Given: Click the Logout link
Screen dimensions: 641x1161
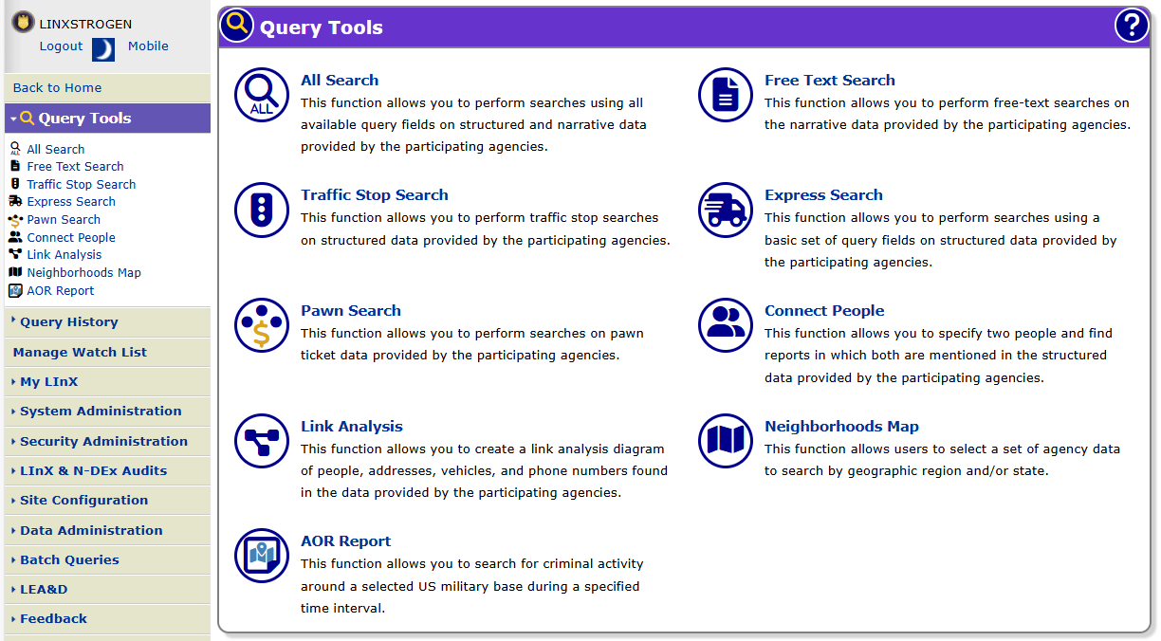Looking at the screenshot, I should pyautogui.click(x=61, y=46).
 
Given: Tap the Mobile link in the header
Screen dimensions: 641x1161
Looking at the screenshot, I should pyautogui.click(x=148, y=46).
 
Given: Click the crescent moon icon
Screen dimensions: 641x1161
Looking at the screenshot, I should pyautogui.click(x=103, y=49).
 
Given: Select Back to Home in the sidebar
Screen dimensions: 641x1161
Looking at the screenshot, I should pyautogui.click(x=57, y=88).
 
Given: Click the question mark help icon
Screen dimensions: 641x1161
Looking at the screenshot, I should pyautogui.click(x=1131, y=27).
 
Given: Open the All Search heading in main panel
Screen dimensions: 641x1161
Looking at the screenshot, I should pyautogui.click(x=340, y=81).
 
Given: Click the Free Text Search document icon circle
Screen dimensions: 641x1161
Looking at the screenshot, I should pyautogui.click(x=726, y=95).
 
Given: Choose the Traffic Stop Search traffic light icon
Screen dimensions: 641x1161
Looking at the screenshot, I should pyautogui.click(x=262, y=210).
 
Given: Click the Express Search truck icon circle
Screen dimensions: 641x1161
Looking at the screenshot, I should pyautogui.click(x=726, y=210).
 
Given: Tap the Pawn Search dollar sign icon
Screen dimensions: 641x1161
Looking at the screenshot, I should pyautogui.click(x=262, y=325).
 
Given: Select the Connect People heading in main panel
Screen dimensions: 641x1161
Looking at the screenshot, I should pyautogui.click(x=824, y=311).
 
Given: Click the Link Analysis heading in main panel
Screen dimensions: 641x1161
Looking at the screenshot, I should pyautogui.click(x=352, y=427).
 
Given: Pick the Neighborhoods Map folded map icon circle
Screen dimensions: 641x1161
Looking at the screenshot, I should pyautogui.click(x=726, y=441).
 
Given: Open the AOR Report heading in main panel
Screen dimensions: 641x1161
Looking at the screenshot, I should pyautogui.click(x=346, y=541).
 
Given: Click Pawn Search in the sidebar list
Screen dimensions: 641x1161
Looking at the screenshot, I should pyautogui.click(x=64, y=220).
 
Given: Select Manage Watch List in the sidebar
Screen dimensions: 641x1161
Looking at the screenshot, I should pyautogui.click(x=80, y=353).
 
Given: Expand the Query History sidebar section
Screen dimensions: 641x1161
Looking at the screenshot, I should pyautogui.click(x=68, y=322).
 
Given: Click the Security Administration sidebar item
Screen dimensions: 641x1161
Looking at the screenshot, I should pyautogui.click(x=103, y=442).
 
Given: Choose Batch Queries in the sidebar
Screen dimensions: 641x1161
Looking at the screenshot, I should pyautogui.click(x=69, y=560).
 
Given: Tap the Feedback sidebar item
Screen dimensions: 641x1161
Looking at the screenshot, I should pyautogui.click(x=53, y=619).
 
